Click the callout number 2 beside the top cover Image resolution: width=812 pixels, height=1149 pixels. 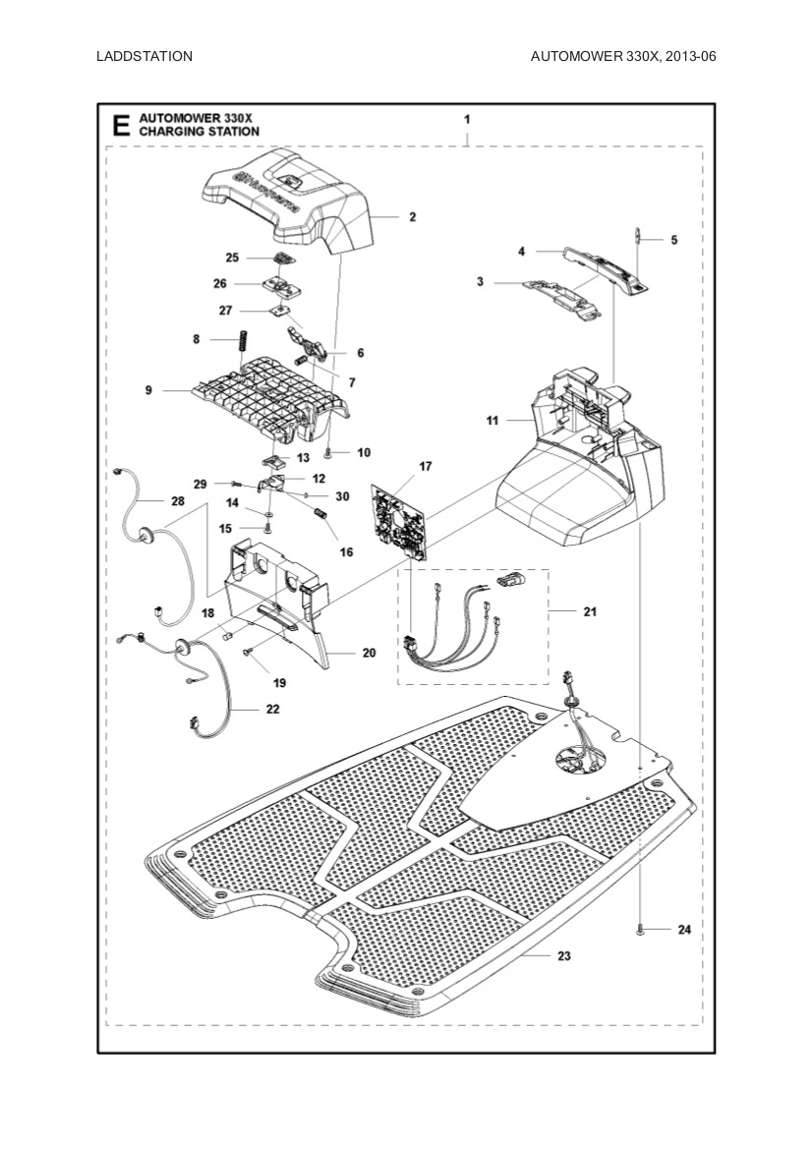413,217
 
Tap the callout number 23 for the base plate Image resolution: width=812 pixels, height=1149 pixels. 563,955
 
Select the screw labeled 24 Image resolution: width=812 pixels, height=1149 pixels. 640,929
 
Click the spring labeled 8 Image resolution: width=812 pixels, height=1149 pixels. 237,349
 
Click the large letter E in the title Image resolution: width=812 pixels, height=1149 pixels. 121,126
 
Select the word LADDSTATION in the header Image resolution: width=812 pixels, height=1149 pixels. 145,56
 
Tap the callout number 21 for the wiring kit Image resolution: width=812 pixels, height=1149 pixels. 589,611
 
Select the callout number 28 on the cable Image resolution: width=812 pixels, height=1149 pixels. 177,501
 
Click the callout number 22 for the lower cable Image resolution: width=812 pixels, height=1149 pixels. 271,708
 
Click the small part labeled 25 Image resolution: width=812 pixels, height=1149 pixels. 282,258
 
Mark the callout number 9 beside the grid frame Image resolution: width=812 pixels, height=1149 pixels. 148,390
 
